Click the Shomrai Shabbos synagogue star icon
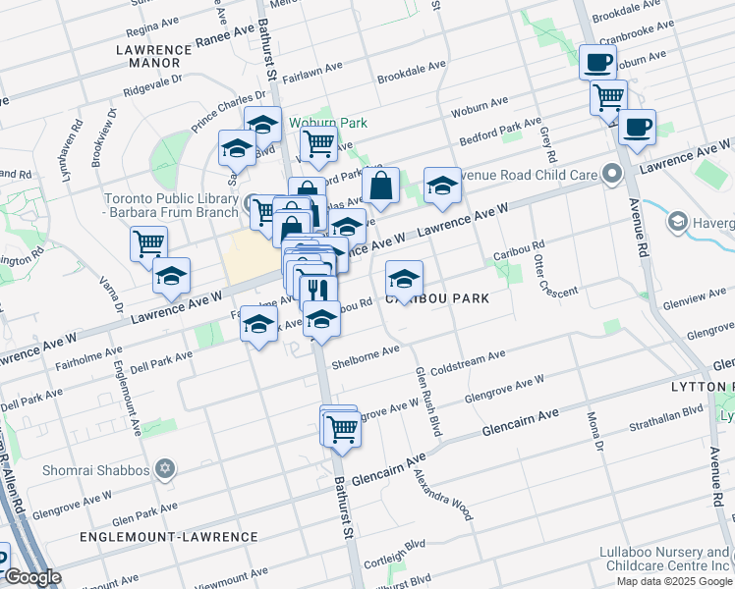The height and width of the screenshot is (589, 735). tap(164, 469)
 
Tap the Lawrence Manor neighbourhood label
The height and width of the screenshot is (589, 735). tap(147, 55)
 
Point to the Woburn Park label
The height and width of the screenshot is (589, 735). tap(328, 123)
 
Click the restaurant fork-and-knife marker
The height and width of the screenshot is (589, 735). tap(317, 290)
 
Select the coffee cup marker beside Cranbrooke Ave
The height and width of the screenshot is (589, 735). tap(597, 63)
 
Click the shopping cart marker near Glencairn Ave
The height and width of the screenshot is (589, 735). tap(341, 428)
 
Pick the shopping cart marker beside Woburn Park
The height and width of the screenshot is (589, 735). tap(318, 143)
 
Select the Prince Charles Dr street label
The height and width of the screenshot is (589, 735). tap(229, 112)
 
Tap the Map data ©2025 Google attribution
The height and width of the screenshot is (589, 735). tap(673, 581)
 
